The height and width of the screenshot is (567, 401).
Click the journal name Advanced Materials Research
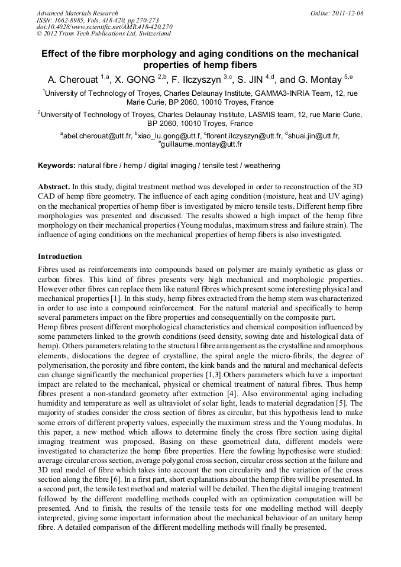tap(77, 13)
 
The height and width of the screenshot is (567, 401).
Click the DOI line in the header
tap(104, 27)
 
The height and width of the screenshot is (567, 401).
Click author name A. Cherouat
tap(73, 79)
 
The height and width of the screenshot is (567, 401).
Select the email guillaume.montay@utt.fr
tap(202, 144)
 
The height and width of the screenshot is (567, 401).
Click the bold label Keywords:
tap(57, 166)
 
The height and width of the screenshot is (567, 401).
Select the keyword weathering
tap(261, 166)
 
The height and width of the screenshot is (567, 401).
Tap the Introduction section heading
tap(60, 257)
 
